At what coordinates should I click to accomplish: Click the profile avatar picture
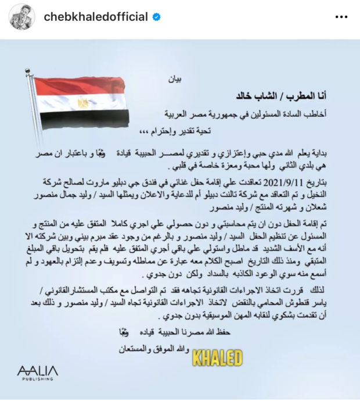[22, 17]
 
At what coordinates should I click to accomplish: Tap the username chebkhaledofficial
[96, 17]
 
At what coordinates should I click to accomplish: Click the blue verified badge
[157, 17]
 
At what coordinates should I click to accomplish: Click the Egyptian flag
[81, 103]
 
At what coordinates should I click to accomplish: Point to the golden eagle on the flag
[82, 103]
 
